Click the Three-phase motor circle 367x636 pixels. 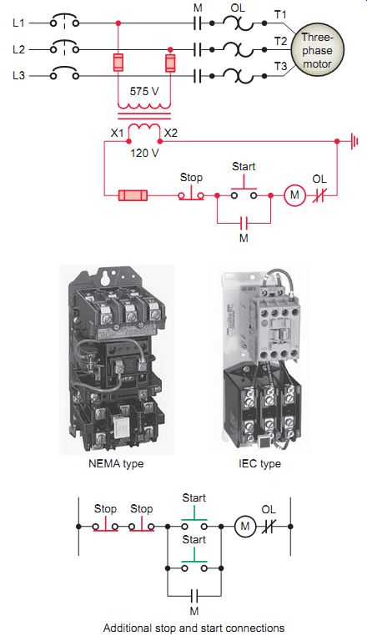tap(317, 50)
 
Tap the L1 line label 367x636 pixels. tap(18, 23)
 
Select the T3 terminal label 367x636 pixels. tap(280, 66)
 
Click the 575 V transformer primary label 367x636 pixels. tap(144, 91)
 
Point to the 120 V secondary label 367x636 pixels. tap(144, 154)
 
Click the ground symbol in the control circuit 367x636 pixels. tap(354, 142)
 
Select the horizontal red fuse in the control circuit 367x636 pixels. tap(133, 195)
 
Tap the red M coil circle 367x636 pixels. tap(294, 195)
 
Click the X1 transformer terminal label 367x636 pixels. tap(117, 133)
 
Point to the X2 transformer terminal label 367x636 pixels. tap(170, 133)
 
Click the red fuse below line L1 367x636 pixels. tap(118, 63)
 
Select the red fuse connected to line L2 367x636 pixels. tap(170, 63)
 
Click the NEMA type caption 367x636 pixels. tap(116, 463)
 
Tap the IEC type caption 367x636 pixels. tap(259, 463)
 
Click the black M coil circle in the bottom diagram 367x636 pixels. tap(245, 527)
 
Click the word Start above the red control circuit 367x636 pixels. tap(244, 166)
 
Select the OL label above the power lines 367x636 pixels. tap(238, 8)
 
